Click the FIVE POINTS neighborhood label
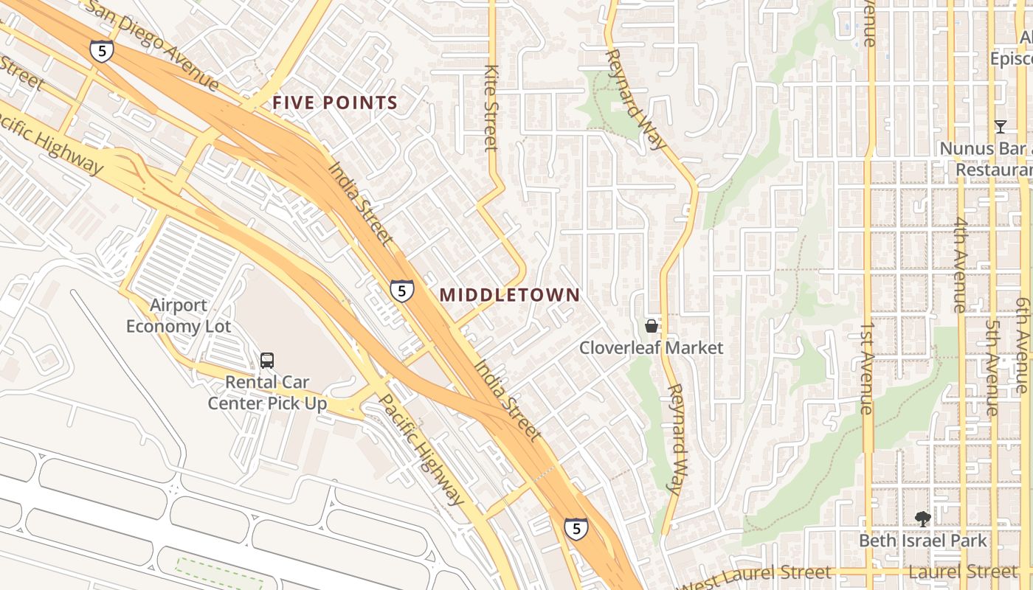pos(335,103)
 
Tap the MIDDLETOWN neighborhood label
pos(509,295)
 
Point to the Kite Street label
pos(491,107)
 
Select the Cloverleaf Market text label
pos(651,347)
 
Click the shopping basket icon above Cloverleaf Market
pos(652,325)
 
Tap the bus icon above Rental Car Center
pos(267,361)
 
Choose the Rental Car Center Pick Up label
pos(267,392)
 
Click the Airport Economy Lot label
pos(179,316)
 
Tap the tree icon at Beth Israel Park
pos(922,519)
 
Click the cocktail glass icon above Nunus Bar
pos(1000,127)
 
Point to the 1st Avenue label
pos(868,367)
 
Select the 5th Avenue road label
pos(993,367)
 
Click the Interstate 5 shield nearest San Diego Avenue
pos(102,51)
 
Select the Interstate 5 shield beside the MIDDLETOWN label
pos(401,291)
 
